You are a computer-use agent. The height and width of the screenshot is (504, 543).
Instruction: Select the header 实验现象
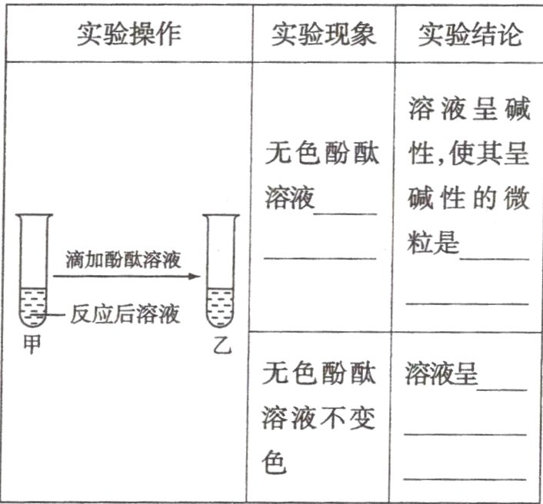pyautogui.click(x=323, y=34)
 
